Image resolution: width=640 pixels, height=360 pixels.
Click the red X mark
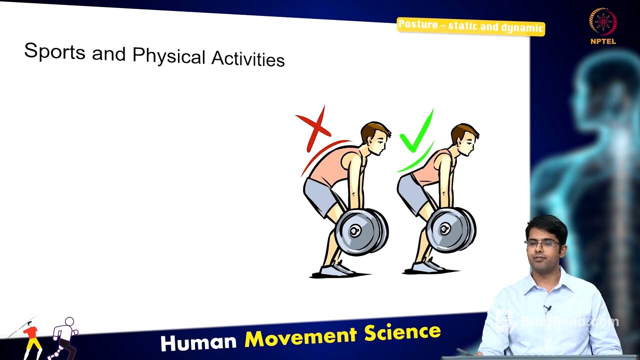pos(313,128)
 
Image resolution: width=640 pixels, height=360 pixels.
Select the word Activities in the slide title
pos(248,58)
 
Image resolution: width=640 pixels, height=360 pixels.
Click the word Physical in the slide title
pos(169,55)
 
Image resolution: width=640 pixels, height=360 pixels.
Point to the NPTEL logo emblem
pos(603,22)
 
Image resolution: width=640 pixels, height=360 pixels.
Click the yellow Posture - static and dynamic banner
pos(470,26)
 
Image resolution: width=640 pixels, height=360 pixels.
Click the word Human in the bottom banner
pos(198,342)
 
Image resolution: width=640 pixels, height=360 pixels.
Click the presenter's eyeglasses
pos(542,243)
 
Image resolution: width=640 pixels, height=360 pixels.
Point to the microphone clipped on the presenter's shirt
pos(547,309)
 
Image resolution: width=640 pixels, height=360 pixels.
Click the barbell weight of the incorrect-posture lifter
pos(360,231)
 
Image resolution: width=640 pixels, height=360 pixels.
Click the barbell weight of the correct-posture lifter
pos(448,229)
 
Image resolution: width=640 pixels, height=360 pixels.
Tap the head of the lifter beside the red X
pos(374,137)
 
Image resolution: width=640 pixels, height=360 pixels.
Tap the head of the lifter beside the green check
pos(463,137)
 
